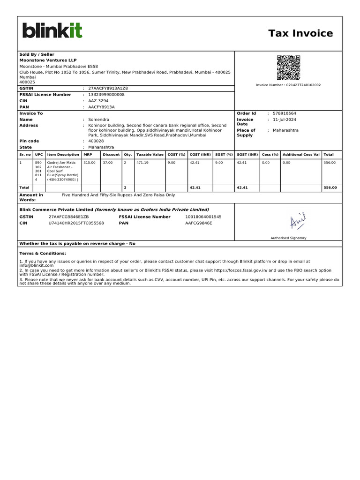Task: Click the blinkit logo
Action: (52, 30)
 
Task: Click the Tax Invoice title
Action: (300, 33)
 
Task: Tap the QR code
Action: (288, 67)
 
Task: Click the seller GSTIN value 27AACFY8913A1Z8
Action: (108, 88)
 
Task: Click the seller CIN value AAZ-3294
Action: (98, 101)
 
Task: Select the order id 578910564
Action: (285, 113)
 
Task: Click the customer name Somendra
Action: (98, 120)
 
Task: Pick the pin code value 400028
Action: (96, 141)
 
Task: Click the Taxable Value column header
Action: (150, 154)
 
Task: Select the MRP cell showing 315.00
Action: (89, 163)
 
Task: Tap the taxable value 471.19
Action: (142, 163)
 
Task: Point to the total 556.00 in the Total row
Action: (330, 187)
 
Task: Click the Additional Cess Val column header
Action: (301, 154)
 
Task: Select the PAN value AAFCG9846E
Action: (199, 223)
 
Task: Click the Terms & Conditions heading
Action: (43, 253)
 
